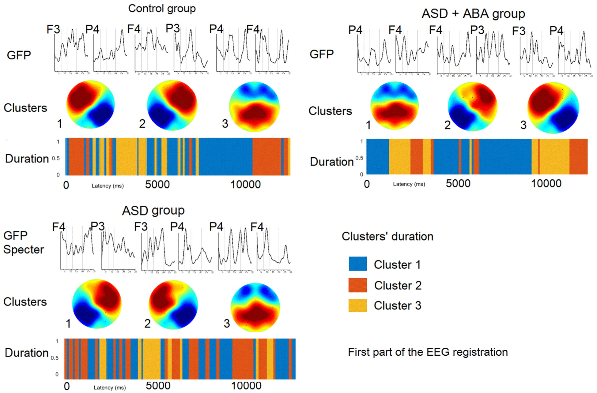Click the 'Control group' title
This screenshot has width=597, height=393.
tap(162, 9)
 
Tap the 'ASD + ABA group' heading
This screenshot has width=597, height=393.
tap(473, 14)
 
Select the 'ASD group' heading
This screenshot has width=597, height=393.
tap(153, 211)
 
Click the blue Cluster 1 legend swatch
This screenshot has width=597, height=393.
tap(357, 264)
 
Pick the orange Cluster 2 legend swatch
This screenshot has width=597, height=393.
tap(357, 285)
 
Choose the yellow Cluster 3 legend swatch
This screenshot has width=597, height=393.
tap(357, 305)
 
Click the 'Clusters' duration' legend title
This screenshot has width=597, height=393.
tap(387, 237)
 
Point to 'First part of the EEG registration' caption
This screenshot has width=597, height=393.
tap(428, 352)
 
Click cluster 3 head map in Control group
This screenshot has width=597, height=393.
tap(254, 107)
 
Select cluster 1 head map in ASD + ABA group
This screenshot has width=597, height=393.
tap(395, 106)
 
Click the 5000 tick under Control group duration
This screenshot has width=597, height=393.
tap(157, 185)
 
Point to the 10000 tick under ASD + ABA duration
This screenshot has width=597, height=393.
tap(546, 184)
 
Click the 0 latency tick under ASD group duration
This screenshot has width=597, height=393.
tap(67, 386)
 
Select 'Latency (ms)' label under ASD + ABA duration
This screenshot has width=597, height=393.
tap(409, 184)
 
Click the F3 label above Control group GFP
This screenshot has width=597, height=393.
tap(53, 29)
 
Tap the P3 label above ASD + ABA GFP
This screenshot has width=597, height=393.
tap(477, 30)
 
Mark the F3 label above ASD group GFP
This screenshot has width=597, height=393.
tap(141, 227)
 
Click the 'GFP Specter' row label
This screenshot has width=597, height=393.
tap(23, 242)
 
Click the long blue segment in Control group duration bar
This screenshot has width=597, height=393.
tap(226, 157)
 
